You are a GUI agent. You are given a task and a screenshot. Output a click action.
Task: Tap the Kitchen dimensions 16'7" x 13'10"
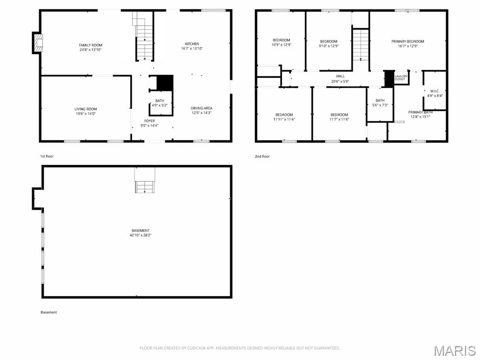pyautogui.click(x=192, y=49)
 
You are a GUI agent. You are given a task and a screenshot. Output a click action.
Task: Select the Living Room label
pyautogui.click(x=85, y=109)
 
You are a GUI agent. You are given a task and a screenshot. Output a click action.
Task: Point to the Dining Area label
pyautogui.click(x=202, y=108)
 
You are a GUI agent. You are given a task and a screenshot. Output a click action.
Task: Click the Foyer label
pyautogui.click(x=150, y=121)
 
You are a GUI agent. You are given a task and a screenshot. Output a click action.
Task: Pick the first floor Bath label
pyautogui.click(x=160, y=101)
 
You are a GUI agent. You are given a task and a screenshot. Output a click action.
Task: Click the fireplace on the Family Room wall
pyautogui.click(x=37, y=43)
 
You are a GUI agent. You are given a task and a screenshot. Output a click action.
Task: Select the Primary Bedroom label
pyautogui.click(x=408, y=41)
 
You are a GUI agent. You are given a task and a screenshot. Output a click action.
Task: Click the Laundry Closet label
pyautogui.click(x=400, y=77)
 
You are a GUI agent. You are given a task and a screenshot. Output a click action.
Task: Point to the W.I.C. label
pyautogui.click(x=434, y=91)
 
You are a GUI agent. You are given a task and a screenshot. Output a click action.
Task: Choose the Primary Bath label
pyautogui.click(x=420, y=112)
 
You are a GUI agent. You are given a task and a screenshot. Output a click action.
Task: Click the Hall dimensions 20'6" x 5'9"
pyautogui.click(x=340, y=82)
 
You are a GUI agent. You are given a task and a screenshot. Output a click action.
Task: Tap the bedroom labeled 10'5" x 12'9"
pyautogui.click(x=281, y=43)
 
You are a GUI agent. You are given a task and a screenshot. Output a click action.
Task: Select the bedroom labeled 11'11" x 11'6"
pyautogui.click(x=284, y=117)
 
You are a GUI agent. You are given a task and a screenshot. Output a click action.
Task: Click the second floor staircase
pyautogui.click(x=360, y=45)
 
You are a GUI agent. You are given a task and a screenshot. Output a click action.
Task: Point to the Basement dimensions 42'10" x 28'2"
pyautogui.click(x=141, y=235)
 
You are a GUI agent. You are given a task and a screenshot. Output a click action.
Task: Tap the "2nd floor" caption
pyautogui.click(x=262, y=157)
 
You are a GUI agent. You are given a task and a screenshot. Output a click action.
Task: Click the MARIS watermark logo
pyautogui.click(x=454, y=351)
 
